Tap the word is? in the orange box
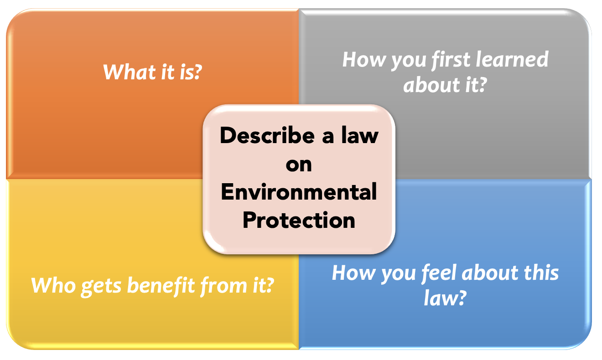pos(191,72)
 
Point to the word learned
pos(512,59)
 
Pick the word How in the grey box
pos(364,59)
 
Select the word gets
pos(101,287)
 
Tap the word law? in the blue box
pos(445,298)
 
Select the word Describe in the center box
pos(267,135)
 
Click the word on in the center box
pos(299,165)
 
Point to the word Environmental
pos(299,192)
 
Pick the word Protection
pos(299,220)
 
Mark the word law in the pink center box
pos(360,135)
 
